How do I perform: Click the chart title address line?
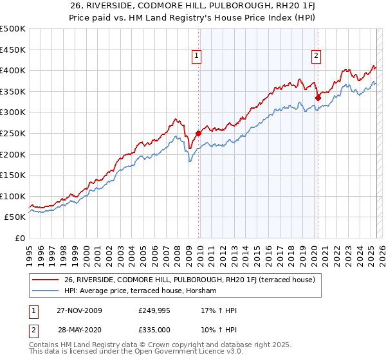point(193,7)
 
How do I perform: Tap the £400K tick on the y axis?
point(13,70)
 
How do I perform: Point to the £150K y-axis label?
point(13,175)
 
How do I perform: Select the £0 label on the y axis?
point(19,238)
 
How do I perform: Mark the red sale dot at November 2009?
point(198,133)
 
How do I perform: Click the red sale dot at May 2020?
point(318,98)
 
